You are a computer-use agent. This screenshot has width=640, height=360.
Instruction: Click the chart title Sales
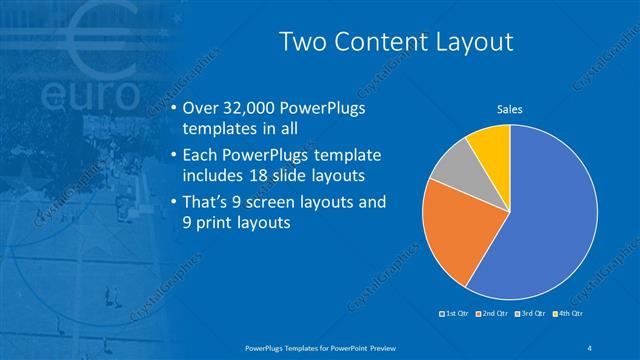pyautogui.click(x=509, y=109)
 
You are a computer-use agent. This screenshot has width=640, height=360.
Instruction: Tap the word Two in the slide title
pyautogui.click(x=301, y=42)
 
